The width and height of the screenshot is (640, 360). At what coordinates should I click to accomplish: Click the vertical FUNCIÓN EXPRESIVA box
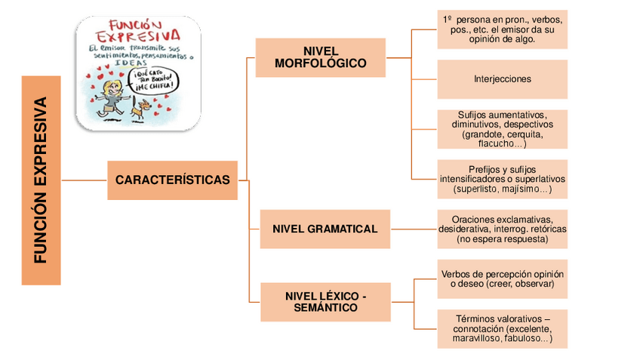(41, 180)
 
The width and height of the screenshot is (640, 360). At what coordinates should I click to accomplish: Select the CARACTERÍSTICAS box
(172, 180)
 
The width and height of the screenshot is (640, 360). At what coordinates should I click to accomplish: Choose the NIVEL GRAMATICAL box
(325, 229)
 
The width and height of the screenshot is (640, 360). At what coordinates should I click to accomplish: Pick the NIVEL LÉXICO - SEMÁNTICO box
(325, 302)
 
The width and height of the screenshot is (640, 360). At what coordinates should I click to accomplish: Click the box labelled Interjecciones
(502, 78)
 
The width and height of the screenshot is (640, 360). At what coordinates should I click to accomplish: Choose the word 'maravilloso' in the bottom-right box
(478, 339)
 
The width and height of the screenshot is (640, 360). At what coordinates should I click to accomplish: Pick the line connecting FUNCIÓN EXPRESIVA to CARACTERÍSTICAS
(84, 180)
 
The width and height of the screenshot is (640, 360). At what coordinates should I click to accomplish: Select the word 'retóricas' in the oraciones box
(546, 229)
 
